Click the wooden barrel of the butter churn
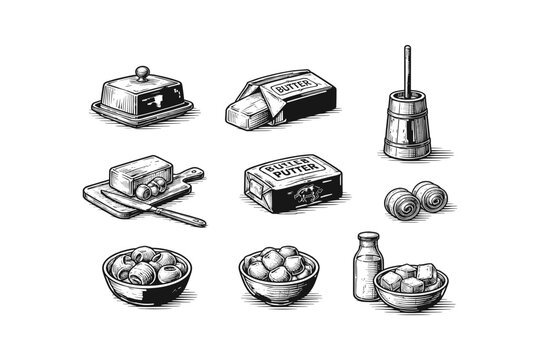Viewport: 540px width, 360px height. coord(408,125)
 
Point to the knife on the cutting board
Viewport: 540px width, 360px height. coord(160,209)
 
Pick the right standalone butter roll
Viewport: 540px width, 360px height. coord(431,196)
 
